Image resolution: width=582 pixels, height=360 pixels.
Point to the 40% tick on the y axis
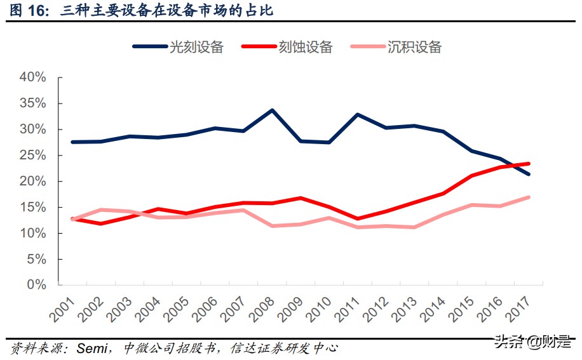click(x=33, y=77)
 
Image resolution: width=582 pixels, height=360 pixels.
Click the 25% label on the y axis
click(x=33, y=156)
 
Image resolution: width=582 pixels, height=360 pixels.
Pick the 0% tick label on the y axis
click(x=37, y=285)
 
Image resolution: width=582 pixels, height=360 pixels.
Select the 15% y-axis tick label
click(x=33, y=208)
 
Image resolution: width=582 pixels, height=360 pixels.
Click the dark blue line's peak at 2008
click(x=273, y=110)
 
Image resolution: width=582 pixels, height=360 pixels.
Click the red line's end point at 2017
click(x=529, y=164)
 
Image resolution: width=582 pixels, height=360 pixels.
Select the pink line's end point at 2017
click(x=529, y=197)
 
